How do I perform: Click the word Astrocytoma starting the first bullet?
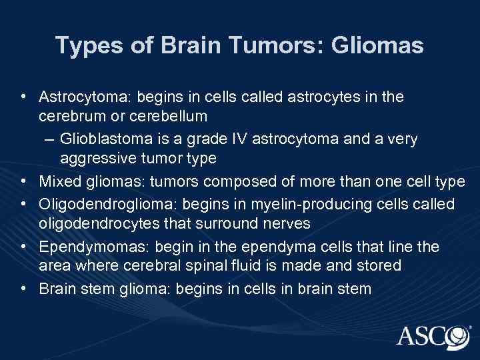tap(85, 97)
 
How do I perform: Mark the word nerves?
tap(273, 223)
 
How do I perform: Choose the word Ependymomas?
tap(84, 247)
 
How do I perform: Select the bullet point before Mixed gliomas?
tap(24, 181)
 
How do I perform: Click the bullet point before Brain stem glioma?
tap(24, 289)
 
